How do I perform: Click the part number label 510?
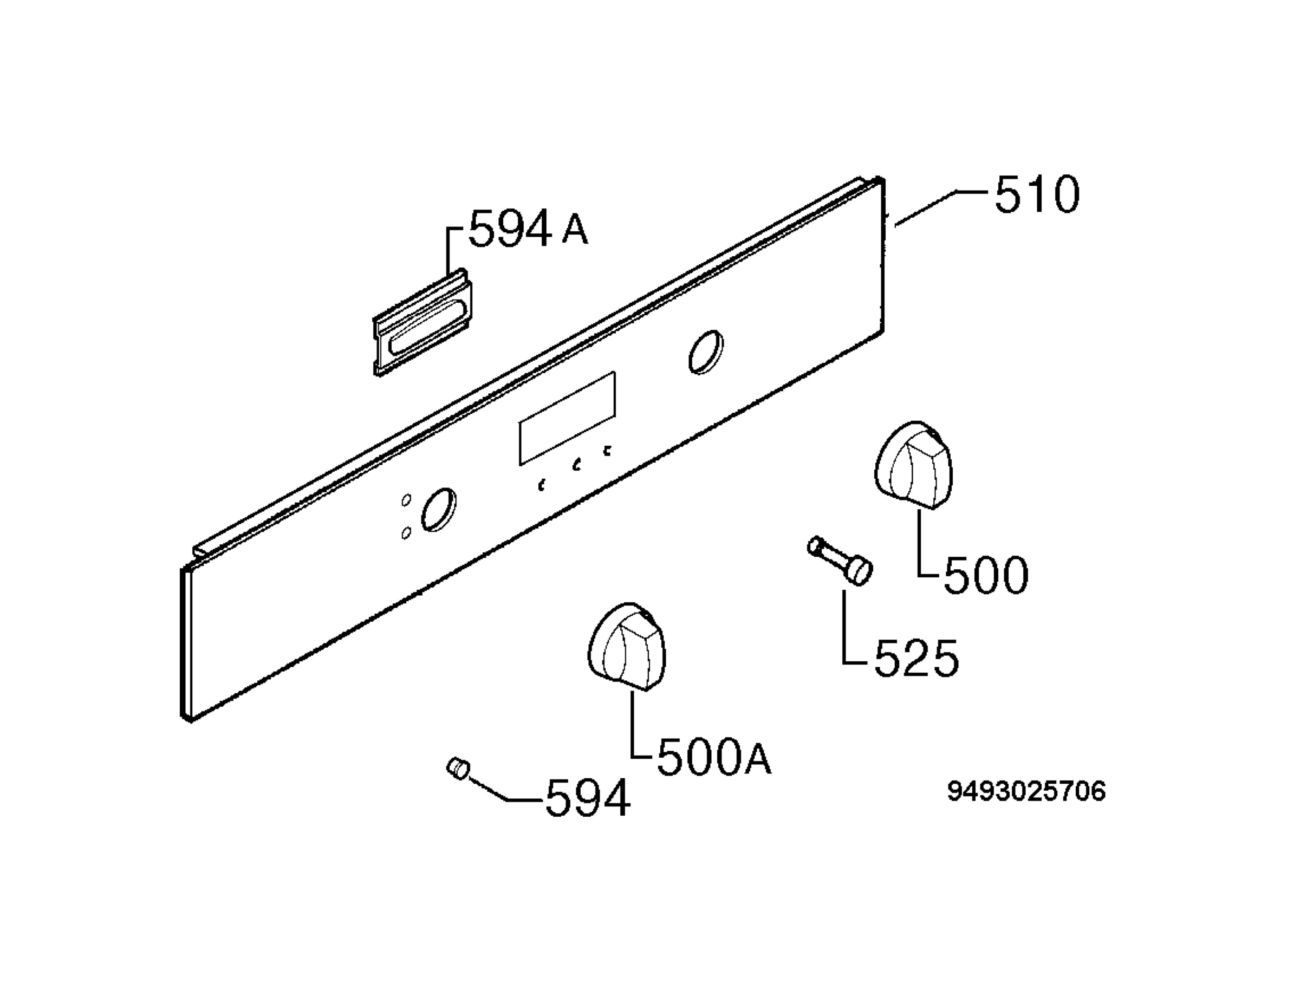coord(1037,194)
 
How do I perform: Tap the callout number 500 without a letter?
coord(986,575)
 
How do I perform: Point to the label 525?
coord(916,658)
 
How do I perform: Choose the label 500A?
coord(714,758)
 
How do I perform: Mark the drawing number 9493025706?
coord(1026,791)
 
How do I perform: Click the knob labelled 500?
coord(913,465)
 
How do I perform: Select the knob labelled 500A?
coord(627,647)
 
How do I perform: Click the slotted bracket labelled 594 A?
coord(422,323)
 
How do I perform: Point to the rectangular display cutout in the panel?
coord(567,418)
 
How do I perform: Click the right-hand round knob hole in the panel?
coord(705,352)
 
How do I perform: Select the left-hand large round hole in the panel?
coord(439,509)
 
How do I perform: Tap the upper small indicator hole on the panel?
coord(406,500)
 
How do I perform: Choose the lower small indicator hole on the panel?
coord(406,533)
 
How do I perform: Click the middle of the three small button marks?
coord(576,465)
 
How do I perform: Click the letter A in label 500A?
coord(758,760)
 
